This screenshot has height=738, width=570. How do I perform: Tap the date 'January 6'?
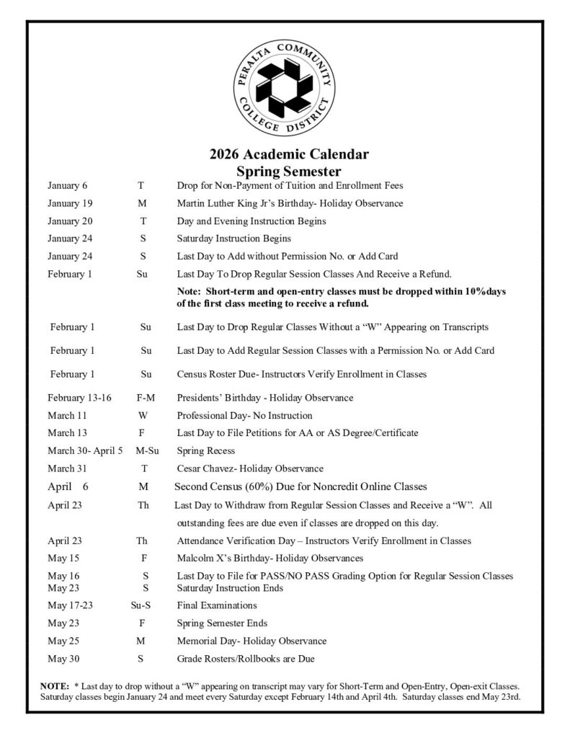click(68, 186)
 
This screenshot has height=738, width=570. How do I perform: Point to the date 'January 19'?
click(70, 203)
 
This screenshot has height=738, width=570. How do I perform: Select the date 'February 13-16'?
click(80, 398)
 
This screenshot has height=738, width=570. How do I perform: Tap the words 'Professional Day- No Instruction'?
click(244, 416)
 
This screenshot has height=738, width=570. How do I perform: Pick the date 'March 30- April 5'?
click(86, 450)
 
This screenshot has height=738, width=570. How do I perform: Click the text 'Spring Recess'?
click(206, 450)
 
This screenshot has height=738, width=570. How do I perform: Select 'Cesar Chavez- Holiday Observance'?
click(250, 468)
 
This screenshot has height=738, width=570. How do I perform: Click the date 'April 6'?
click(68, 486)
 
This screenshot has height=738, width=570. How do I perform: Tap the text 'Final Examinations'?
click(217, 605)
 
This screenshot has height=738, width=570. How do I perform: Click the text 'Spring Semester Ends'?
click(221, 623)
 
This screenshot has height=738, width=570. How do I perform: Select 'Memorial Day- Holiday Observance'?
click(251, 641)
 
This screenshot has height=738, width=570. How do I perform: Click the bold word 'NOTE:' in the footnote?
click(55, 687)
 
